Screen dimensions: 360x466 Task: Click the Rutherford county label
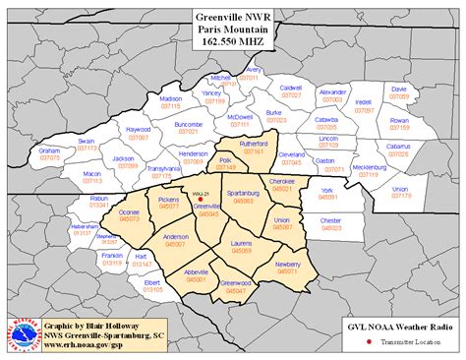254,145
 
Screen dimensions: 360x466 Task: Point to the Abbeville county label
197,272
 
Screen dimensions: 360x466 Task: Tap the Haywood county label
139,129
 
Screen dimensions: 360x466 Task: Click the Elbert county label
152,282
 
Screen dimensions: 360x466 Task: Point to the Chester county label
329,220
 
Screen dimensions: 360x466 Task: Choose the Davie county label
398,90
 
